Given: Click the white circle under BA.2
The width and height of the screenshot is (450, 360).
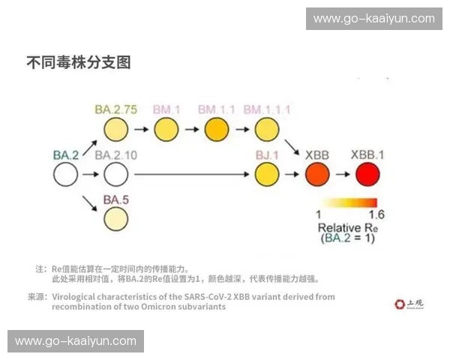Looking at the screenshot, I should pyautogui.click(x=65, y=176).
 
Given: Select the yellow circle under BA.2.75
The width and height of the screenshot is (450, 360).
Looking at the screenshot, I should pyautogui.click(x=115, y=130).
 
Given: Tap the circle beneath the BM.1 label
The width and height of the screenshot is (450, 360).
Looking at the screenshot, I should pyautogui.click(x=166, y=130).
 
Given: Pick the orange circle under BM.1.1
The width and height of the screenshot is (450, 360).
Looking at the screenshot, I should pyautogui.click(x=217, y=130).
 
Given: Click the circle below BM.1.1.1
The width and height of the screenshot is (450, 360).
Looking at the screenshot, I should pyautogui.click(x=266, y=130).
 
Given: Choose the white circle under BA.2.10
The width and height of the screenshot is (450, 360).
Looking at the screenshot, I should pyautogui.click(x=115, y=176).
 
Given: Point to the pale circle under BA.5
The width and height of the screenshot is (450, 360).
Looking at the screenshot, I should pyautogui.click(x=115, y=220).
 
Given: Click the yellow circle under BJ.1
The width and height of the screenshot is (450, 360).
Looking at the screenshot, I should pyautogui.click(x=266, y=176).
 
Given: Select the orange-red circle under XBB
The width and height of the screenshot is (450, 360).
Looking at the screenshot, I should pyautogui.click(x=317, y=176).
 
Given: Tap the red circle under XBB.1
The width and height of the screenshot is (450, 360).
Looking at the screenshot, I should pyautogui.click(x=367, y=176).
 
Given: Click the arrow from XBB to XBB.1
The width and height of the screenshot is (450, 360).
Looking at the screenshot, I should pyautogui.click(x=342, y=176).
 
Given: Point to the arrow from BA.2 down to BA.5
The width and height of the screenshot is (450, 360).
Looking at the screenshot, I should pyautogui.click(x=90, y=200).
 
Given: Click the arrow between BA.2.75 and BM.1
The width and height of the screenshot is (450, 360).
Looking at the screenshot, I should pyautogui.click(x=141, y=130).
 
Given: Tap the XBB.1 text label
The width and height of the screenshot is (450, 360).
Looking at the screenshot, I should pyautogui.click(x=367, y=155).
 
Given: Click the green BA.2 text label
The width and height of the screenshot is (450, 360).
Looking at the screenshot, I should pyautogui.click(x=66, y=155).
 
